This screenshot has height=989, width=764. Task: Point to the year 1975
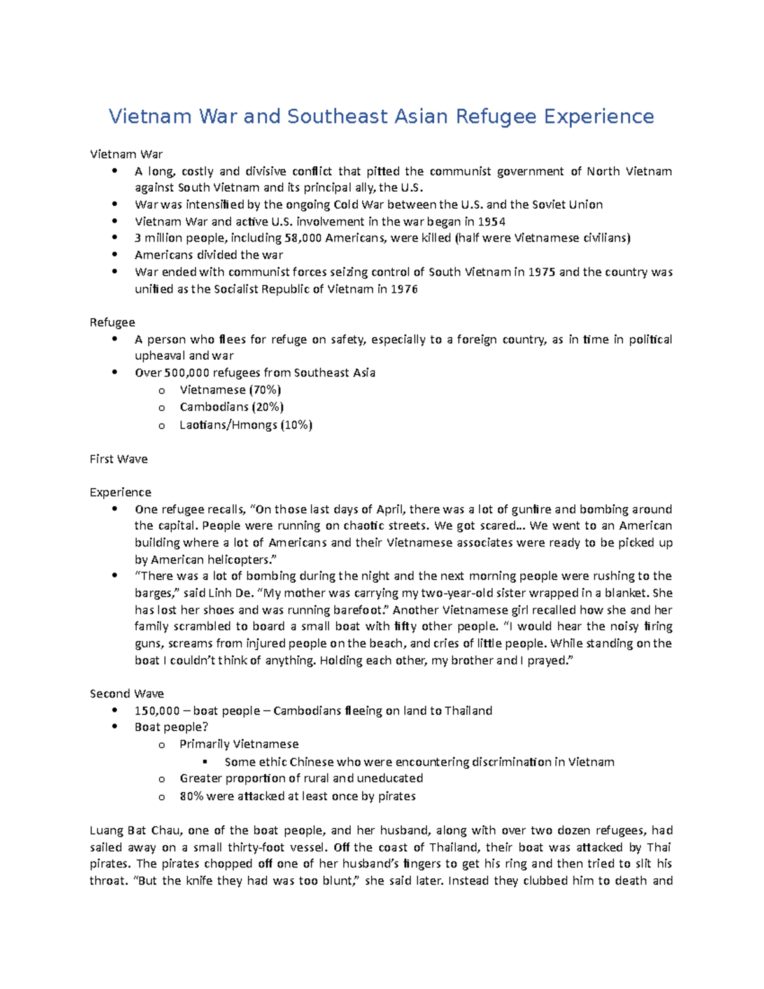[x=542, y=272]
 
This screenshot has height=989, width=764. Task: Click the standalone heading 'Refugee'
[x=112, y=322]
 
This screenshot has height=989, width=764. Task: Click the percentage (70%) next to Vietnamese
[x=265, y=390]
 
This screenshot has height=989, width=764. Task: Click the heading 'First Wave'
[x=118, y=459]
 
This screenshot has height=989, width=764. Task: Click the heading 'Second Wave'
[x=127, y=694]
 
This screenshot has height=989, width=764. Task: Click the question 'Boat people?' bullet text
[x=171, y=727]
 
